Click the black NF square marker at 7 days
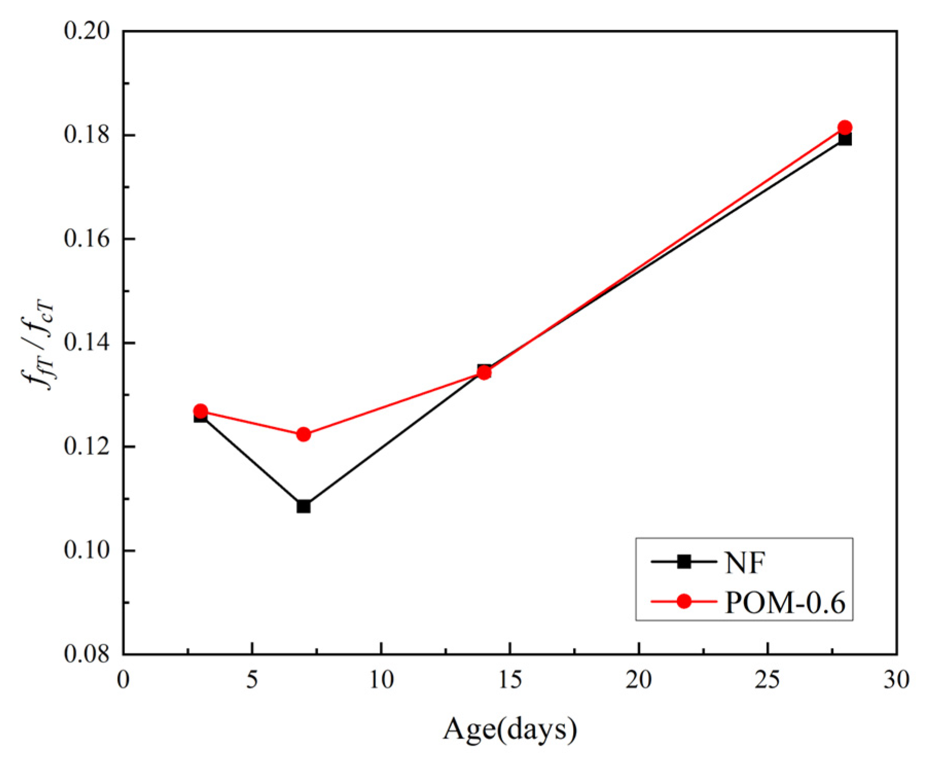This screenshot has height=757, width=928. tap(303, 507)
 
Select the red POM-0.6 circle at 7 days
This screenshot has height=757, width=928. tap(303, 435)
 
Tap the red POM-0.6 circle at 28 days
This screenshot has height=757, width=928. tap(845, 127)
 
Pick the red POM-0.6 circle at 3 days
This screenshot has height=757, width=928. tap(201, 411)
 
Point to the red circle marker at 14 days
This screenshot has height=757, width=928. tap(484, 372)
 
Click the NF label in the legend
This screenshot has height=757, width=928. tap(745, 562)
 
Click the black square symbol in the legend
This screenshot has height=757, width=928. tap(684, 562)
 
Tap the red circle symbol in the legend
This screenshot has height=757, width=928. tap(684, 601)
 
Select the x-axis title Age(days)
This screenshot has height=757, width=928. tap(510, 729)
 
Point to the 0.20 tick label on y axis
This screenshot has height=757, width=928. tap(87, 31)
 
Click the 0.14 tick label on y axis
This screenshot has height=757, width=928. tap(87, 343)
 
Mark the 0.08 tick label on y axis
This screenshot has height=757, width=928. tap(87, 654)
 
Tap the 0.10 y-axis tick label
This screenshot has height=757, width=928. tap(87, 550)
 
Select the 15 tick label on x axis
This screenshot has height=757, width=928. tap(510, 680)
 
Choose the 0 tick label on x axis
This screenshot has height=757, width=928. tap(123, 680)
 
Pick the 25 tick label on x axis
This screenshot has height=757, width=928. tap(768, 680)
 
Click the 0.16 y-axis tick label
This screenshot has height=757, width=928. tap(87, 239)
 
